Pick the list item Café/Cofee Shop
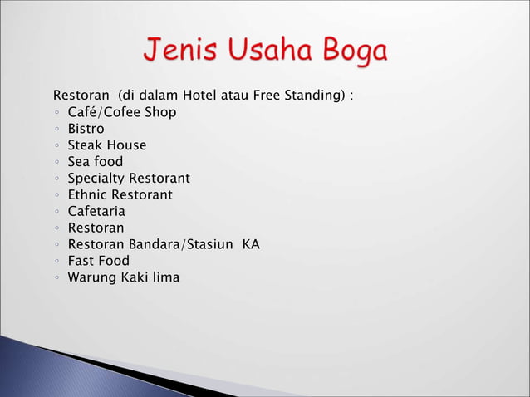click(121, 112)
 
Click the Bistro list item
click(86, 129)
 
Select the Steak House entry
click(106, 145)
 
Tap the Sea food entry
click(95, 162)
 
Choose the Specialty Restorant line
click(129, 179)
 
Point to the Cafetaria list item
click(96, 212)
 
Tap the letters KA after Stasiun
click(251, 245)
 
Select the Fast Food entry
click(98, 261)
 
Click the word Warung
click(91, 277)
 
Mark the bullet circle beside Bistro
click(56, 130)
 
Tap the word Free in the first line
click(274, 96)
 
